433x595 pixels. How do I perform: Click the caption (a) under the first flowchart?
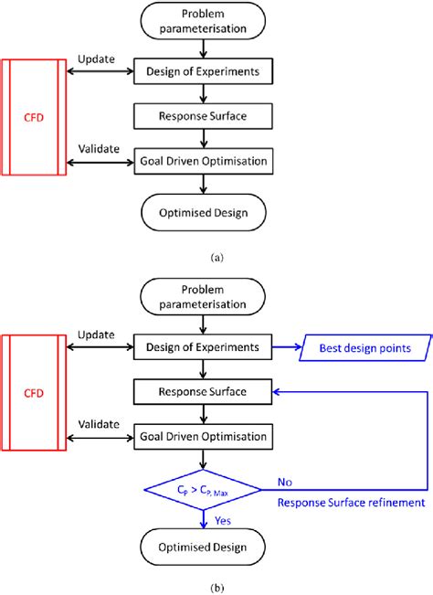tap(216, 259)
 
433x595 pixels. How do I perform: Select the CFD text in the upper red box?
tap(33, 116)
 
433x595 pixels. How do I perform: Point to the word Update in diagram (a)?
tap(98, 58)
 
